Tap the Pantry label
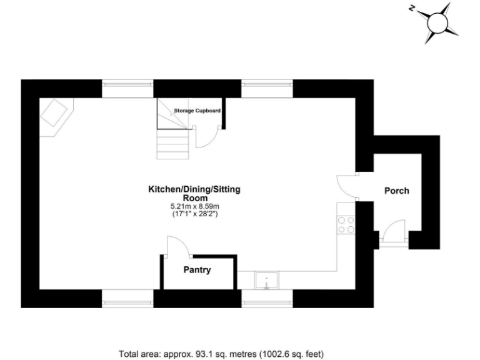pyautogui.click(x=197, y=271)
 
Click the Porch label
pyautogui.click(x=396, y=191)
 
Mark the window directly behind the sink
pyautogui.click(x=267, y=303)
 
